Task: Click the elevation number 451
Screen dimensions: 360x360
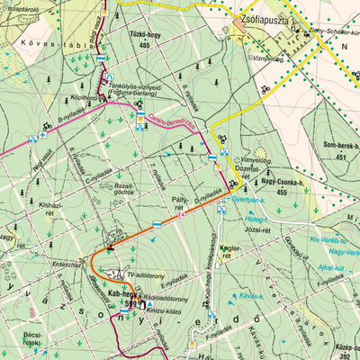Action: tap(341, 157)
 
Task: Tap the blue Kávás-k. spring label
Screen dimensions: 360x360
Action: tap(251, 295)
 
